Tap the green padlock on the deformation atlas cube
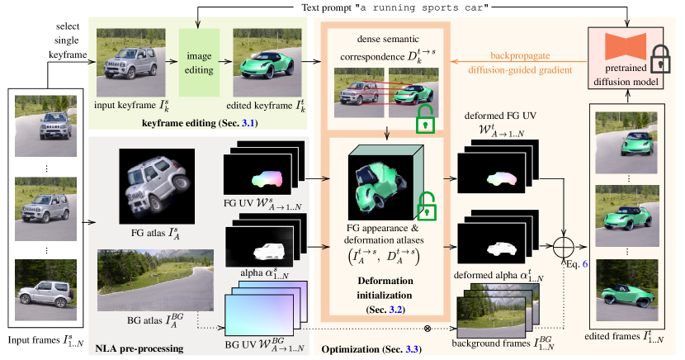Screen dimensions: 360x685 [426, 203]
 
